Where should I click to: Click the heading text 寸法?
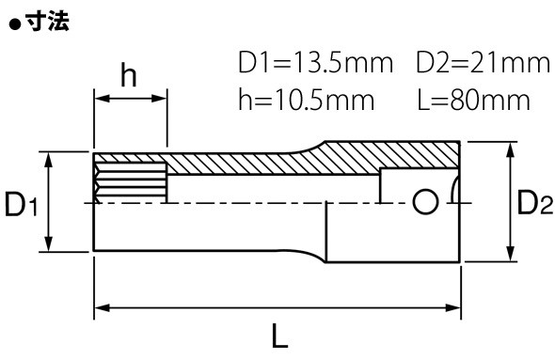[x=48, y=22]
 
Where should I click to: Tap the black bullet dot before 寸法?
[x=15, y=25]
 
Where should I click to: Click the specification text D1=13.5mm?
[x=316, y=63]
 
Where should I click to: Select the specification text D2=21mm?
[x=483, y=63]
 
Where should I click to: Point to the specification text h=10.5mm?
[x=306, y=100]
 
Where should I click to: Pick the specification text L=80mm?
[x=473, y=100]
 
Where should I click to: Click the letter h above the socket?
[x=129, y=74]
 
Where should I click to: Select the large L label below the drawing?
[x=279, y=336]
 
